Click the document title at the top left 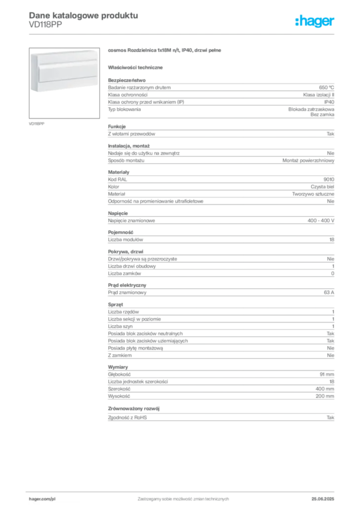pos(83,15)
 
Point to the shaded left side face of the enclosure pos(33,75)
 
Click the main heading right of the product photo pos(164,51)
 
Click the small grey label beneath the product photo pos(38,123)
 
